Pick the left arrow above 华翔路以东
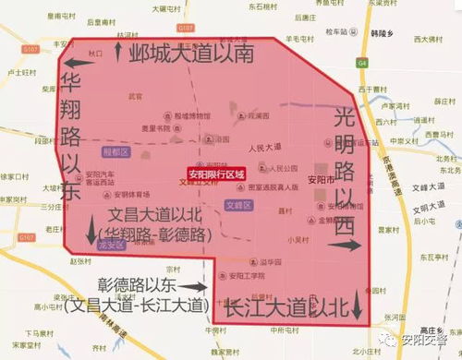74,63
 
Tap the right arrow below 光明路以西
346,246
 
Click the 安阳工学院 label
239,275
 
